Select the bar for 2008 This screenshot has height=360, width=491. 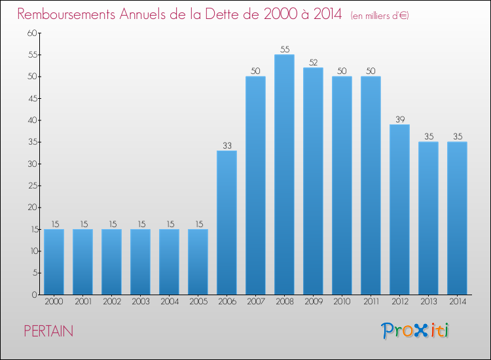coord(284,175)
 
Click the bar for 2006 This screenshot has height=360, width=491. coord(227,223)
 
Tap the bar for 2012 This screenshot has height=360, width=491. coord(399,209)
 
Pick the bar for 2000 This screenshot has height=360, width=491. coord(54,262)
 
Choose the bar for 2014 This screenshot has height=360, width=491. coord(457,218)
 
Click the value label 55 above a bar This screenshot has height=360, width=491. coord(284,49)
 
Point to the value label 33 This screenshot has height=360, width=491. coord(227,145)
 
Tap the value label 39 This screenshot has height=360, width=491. coord(399,119)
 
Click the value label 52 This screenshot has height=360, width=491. coord(313,62)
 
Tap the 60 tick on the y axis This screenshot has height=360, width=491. coord(31,33)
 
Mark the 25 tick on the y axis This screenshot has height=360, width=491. coord(31,186)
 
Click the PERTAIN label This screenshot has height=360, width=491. coord(48,331)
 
